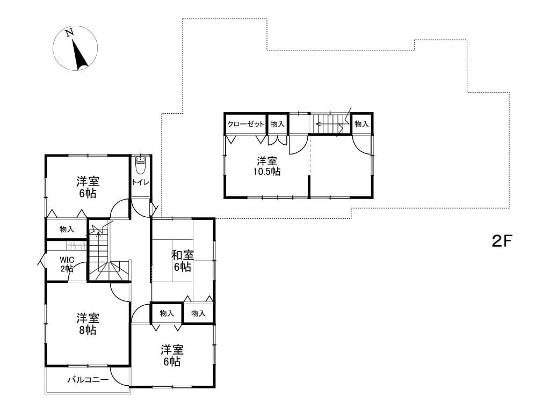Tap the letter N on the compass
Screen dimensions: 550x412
(69, 33)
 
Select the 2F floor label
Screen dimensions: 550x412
(502, 241)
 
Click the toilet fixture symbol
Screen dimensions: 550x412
(140, 166)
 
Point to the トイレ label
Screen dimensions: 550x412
(141, 182)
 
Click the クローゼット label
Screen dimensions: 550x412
(245, 124)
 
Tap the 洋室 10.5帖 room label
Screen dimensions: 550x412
(267, 166)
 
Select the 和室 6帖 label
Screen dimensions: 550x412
(183, 261)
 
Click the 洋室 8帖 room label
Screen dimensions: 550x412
(88, 324)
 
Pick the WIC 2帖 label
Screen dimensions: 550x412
(67, 264)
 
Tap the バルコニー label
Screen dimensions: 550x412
(88, 380)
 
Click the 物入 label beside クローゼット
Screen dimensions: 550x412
(277, 124)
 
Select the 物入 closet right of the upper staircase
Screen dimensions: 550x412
(361, 124)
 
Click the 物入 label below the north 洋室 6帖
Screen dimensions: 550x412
(67, 229)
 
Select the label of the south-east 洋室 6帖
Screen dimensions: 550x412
(172, 356)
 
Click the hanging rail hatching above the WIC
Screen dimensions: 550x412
(76, 245)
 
